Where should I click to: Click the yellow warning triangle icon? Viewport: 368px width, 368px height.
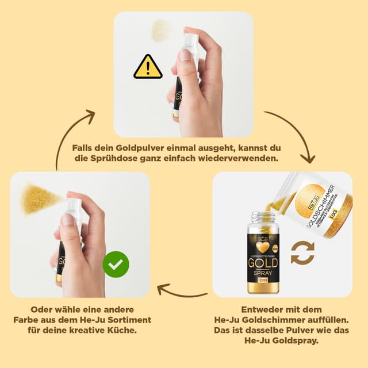pos(148,67)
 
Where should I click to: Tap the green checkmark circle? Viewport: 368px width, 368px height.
pos(116,264)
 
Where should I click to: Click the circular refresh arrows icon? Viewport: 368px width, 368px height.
pos(302,253)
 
